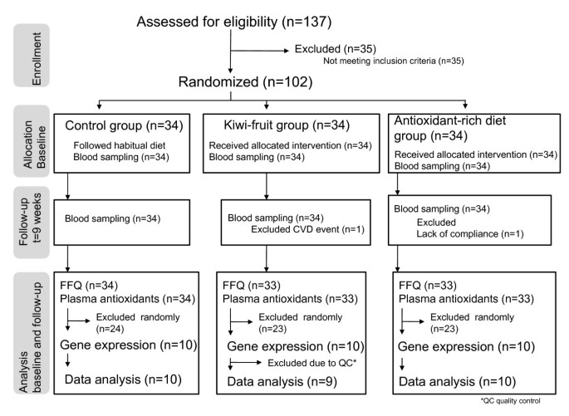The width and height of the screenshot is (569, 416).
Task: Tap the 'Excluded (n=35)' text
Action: coord(336,50)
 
